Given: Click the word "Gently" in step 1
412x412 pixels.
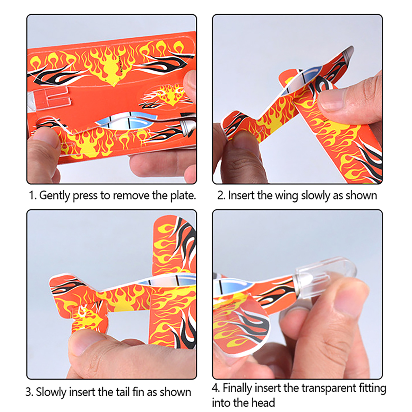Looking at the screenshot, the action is click(55, 196).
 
